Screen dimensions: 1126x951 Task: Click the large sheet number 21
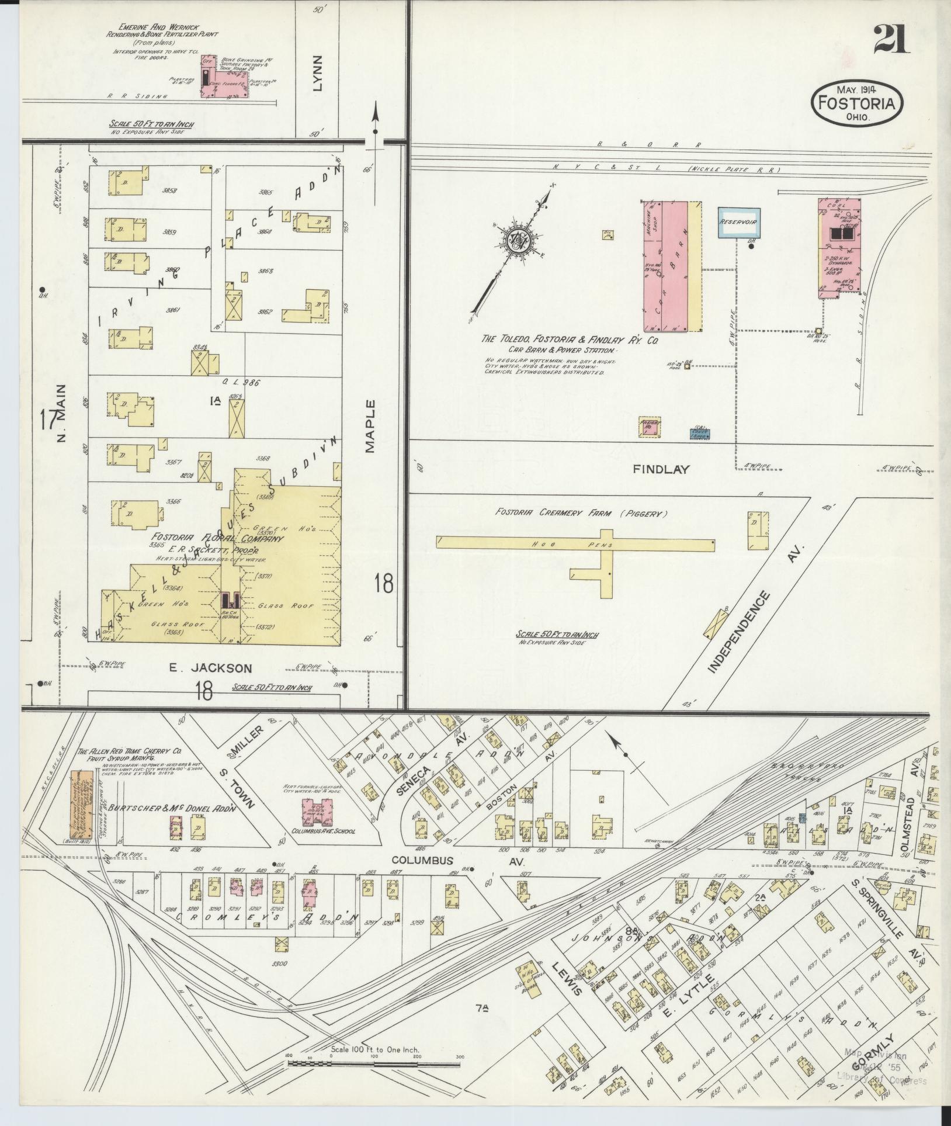(891, 40)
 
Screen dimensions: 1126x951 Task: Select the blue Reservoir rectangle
(738, 223)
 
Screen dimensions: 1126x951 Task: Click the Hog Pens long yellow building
(575, 543)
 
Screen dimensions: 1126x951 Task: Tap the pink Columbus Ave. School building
(320, 812)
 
